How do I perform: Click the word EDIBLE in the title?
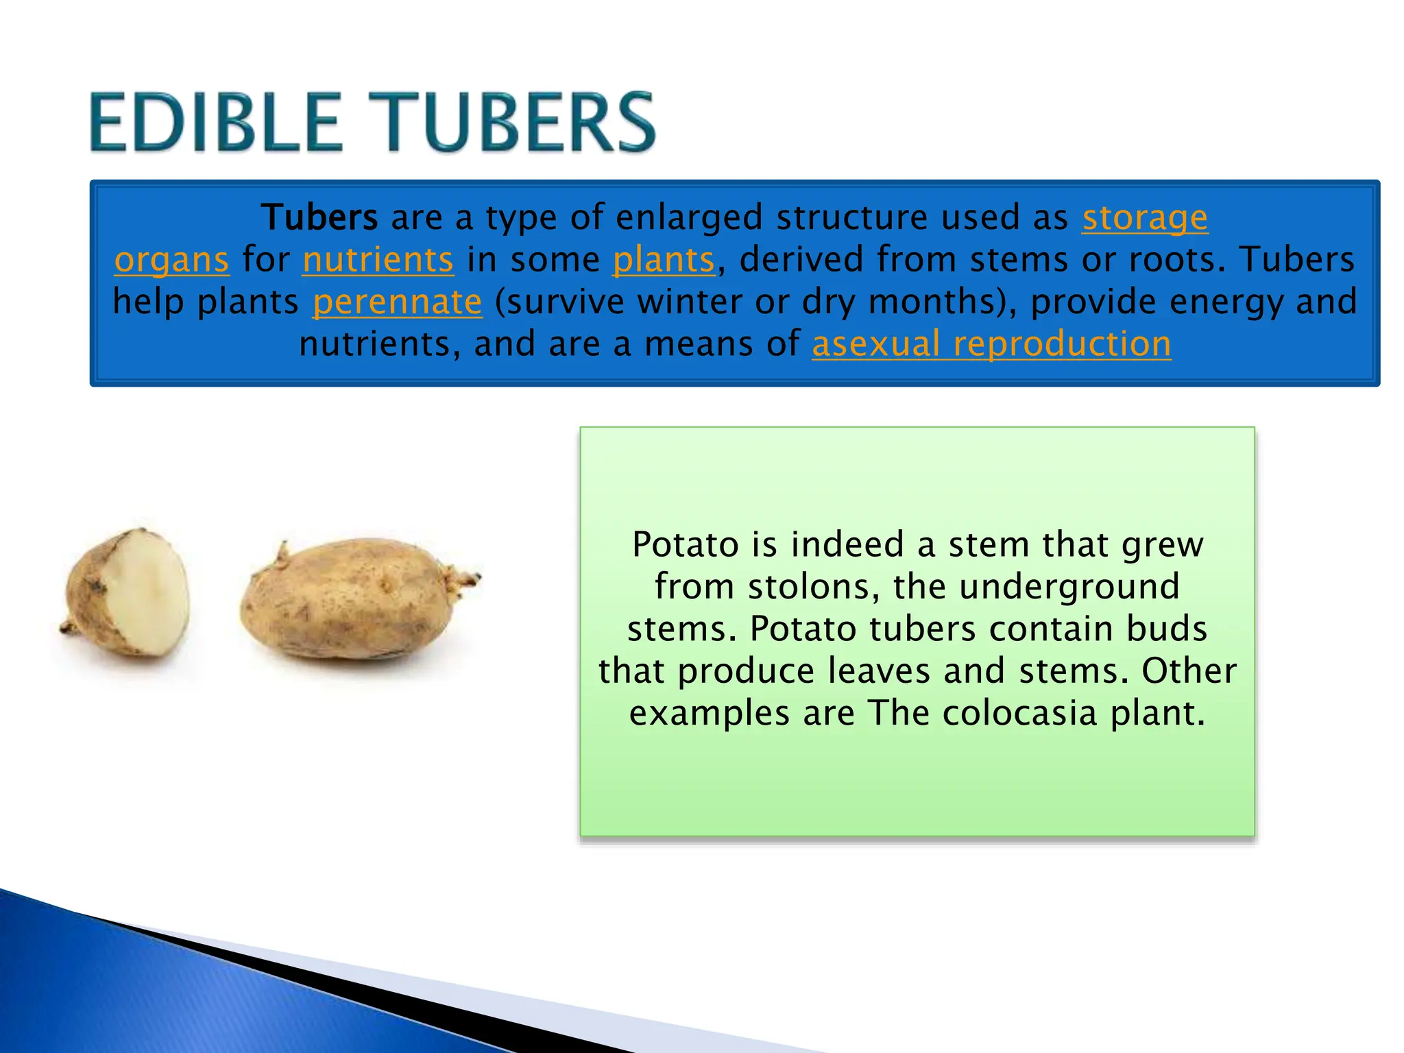215,123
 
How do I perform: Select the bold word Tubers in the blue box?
319,218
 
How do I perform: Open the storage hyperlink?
1145,218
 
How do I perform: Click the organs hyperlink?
171,261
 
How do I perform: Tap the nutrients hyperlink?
378,261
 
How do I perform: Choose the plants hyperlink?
664,261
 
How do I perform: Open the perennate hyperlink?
398,302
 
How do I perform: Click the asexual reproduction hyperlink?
991,344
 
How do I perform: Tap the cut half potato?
127,593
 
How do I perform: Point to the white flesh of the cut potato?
147,590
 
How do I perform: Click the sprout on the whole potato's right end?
466,580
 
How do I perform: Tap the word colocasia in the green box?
1020,714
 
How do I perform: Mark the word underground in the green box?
1069,588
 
